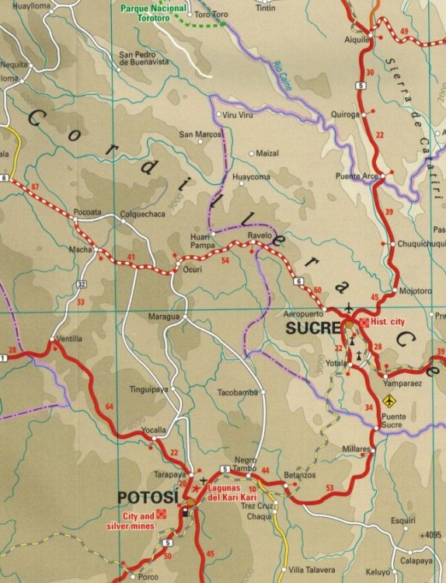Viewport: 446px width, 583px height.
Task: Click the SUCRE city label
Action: (x=310, y=328)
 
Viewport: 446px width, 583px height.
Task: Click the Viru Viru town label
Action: (x=239, y=115)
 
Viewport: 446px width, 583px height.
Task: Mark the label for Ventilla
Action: (x=69, y=339)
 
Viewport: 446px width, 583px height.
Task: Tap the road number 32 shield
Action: (x=82, y=285)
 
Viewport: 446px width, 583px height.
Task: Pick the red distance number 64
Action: (x=109, y=407)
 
